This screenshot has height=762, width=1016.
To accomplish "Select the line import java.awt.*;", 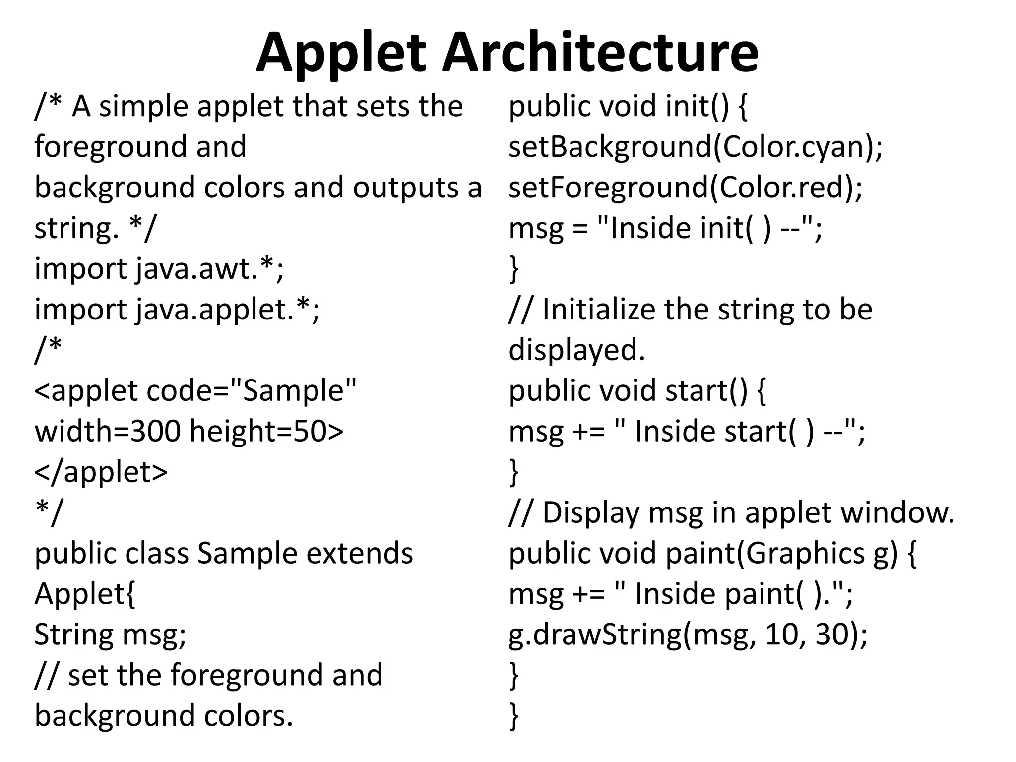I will (x=159, y=269).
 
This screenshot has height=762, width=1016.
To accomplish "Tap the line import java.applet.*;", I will (x=177, y=310).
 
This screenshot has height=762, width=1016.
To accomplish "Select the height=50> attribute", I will (x=266, y=431).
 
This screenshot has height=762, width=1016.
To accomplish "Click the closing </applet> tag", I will (x=101, y=472).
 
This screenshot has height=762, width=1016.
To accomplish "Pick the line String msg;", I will (x=110, y=635).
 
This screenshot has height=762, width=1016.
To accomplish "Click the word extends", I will (x=360, y=553).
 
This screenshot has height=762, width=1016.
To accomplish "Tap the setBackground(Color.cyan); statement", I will (x=696, y=147).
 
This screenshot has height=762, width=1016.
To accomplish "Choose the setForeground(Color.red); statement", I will (x=686, y=188).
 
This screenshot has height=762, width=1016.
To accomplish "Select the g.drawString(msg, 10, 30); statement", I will (x=688, y=635).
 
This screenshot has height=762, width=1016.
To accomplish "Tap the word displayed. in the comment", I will (x=577, y=350).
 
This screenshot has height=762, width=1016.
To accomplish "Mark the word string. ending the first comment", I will (x=77, y=229).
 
